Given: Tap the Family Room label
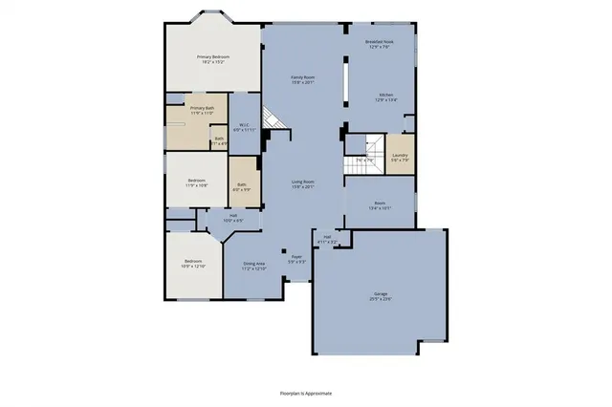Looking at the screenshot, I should click(x=303, y=79).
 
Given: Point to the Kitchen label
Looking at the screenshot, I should click(x=385, y=96).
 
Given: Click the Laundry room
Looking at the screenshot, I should click(x=400, y=157).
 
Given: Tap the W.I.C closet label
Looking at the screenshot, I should click(x=245, y=126).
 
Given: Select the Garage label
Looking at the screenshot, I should click(x=381, y=297).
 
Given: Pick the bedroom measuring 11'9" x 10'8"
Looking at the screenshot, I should click(x=197, y=182).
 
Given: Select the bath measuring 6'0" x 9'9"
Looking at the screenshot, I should click(x=242, y=186).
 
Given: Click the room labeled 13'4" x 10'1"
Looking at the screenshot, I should click(x=380, y=205).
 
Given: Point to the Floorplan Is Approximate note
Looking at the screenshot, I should click(x=305, y=392).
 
